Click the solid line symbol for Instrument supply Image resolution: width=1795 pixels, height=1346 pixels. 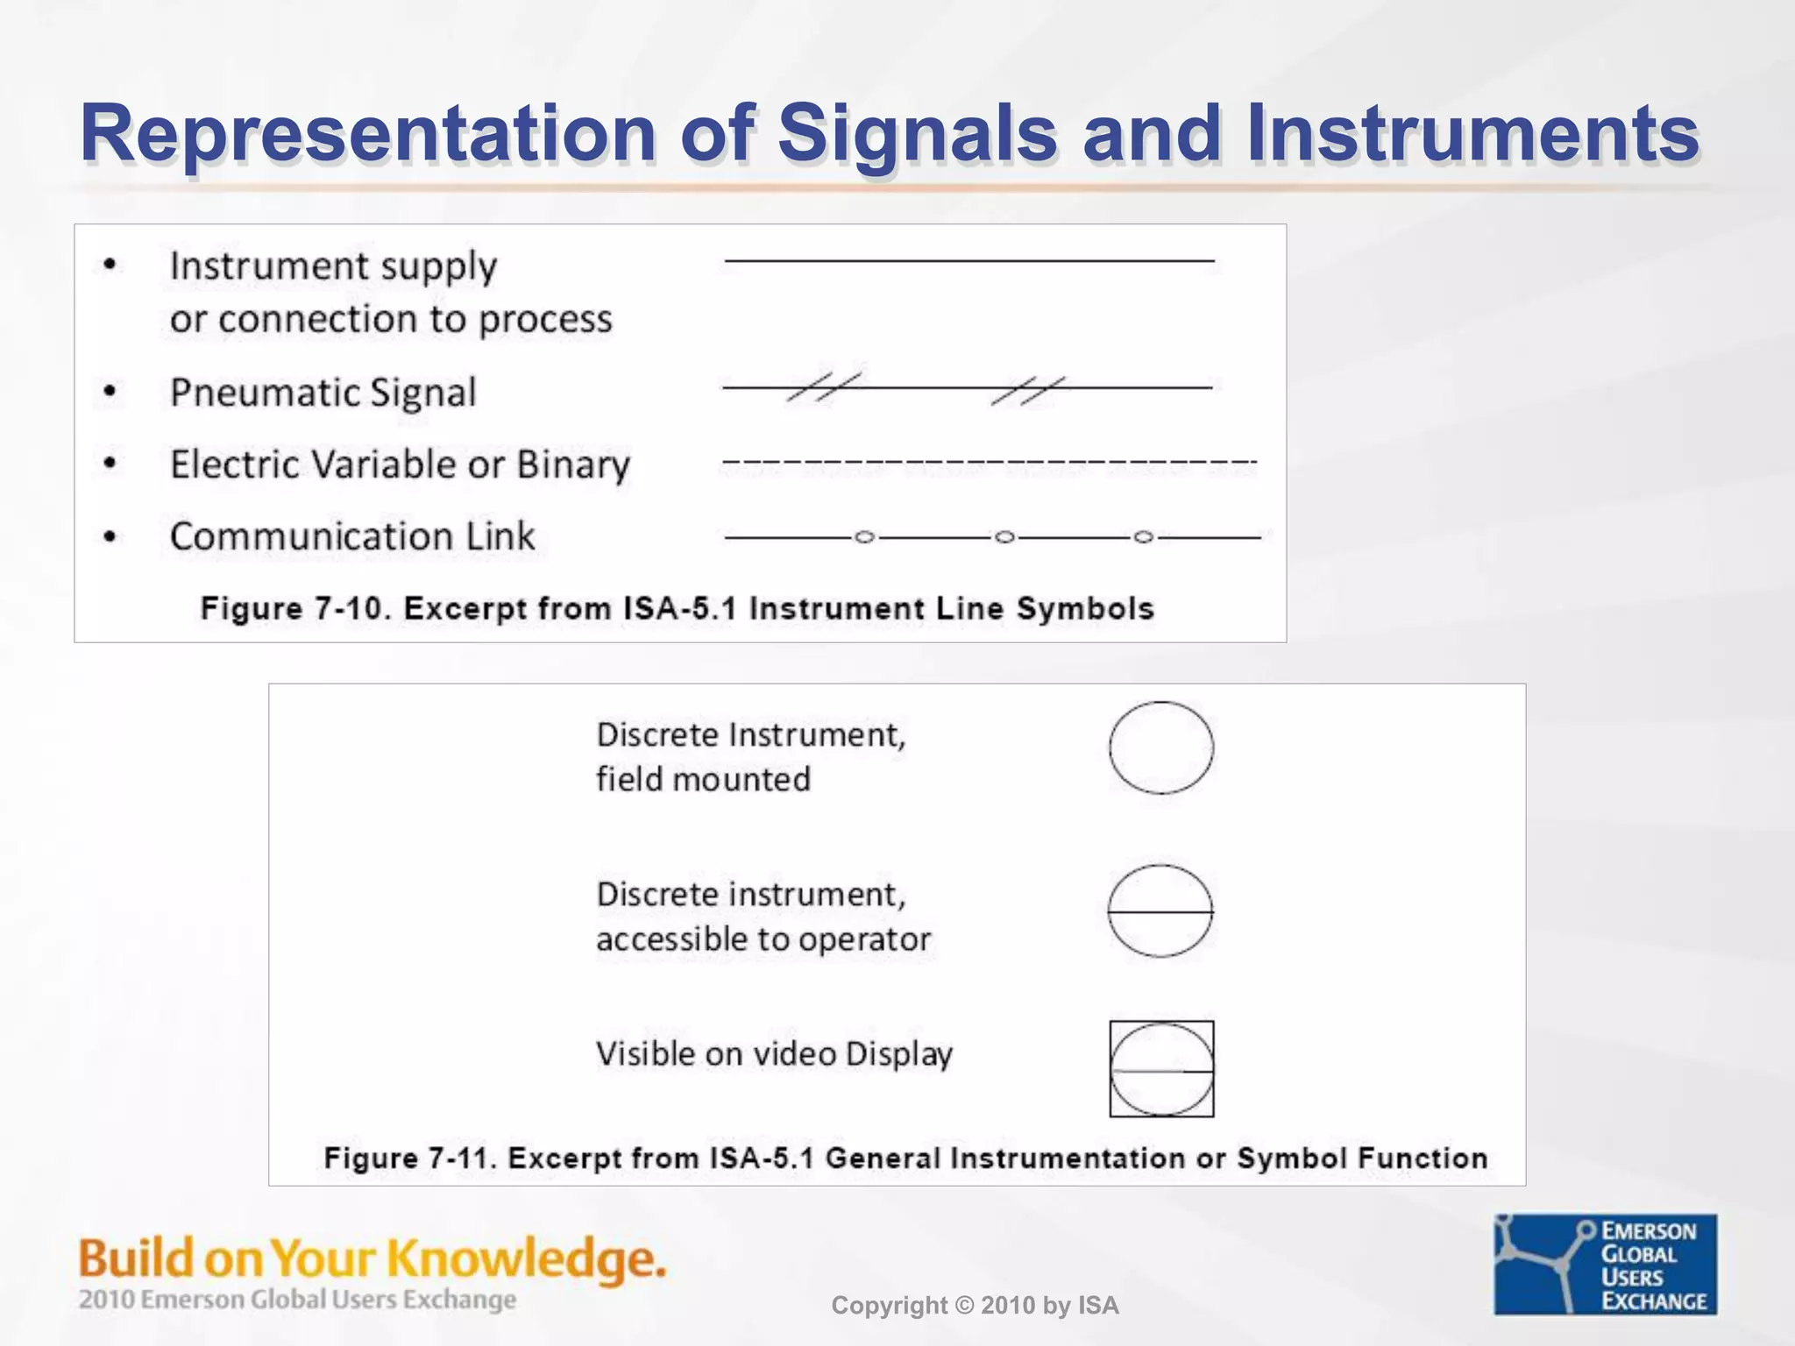pos(968,260)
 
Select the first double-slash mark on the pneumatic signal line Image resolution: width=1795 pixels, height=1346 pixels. pos(822,386)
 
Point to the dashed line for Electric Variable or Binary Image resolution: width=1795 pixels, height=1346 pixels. pos(989,462)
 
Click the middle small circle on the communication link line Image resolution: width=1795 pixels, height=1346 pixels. pos(1004,536)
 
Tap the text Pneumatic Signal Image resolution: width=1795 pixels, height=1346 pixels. pos(323,392)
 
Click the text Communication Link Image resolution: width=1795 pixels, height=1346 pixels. pos(351,536)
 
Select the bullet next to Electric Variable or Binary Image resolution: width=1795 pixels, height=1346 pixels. pos(110,463)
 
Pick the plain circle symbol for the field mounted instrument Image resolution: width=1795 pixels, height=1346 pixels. pos(1160,747)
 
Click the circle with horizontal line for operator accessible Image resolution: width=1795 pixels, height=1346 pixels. pos(1160,911)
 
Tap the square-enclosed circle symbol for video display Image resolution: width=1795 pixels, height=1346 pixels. pos(1161,1069)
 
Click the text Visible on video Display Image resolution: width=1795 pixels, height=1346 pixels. pos(774,1054)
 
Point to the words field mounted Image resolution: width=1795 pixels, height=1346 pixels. pos(703,779)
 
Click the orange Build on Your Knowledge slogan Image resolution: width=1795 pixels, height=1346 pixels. pos(372,1258)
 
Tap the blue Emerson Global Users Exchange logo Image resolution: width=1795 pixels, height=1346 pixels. pos(1605,1264)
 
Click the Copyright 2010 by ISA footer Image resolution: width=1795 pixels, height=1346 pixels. pos(975,1306)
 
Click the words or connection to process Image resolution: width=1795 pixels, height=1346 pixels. pos(391,319)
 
